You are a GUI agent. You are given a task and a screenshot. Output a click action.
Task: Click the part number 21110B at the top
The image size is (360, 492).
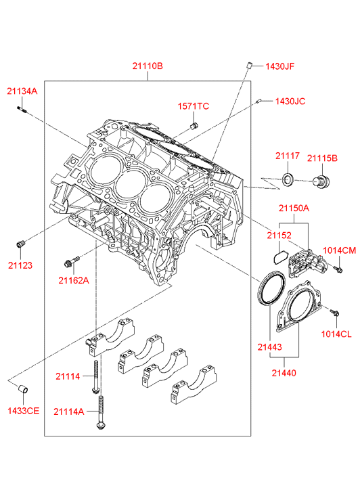tap(148, 66)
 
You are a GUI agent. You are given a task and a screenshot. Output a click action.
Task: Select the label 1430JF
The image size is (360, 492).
tap(280, 66)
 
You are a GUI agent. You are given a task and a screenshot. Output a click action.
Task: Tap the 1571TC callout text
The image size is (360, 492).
tap(194, 106)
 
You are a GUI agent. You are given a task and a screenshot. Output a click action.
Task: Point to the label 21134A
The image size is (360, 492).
tap(22, 91)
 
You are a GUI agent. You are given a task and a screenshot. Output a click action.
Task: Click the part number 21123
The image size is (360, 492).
tap(20, 265)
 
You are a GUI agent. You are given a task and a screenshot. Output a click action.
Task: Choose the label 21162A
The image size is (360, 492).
tap(74, 281)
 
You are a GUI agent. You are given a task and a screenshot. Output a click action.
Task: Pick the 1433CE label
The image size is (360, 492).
tap(24, 411)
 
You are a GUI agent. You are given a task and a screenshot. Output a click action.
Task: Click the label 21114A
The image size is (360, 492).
tap(69, 411)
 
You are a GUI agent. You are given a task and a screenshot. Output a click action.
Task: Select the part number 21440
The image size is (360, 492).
tap(284, 373)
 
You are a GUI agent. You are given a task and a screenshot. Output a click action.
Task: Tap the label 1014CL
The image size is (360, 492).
tap(336, 334)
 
